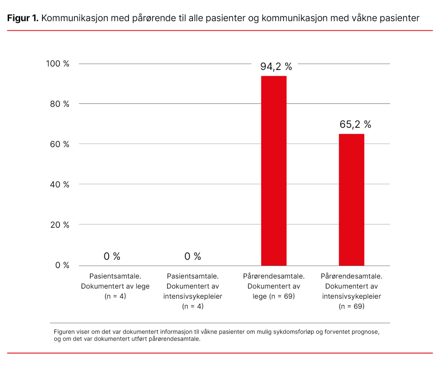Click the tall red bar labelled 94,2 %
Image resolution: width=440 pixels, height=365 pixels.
274,171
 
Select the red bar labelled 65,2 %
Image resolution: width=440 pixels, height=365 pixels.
351,199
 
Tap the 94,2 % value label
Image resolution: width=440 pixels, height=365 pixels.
276,67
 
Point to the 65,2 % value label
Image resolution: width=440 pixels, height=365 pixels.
355,125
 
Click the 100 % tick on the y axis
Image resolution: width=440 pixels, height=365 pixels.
58,64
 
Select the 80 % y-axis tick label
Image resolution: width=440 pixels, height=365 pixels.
59,104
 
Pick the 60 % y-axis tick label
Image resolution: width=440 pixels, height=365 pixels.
59,144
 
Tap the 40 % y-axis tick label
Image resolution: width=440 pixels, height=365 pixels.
59,184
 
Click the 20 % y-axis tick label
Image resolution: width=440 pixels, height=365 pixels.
59,225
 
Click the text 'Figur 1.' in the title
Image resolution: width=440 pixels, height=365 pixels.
23,18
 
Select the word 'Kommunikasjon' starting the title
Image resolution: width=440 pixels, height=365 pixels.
75,18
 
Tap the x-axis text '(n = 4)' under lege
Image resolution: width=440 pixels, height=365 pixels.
115,296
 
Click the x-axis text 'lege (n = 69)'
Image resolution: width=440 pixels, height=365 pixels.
274,296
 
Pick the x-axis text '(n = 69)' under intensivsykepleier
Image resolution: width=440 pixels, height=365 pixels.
351,307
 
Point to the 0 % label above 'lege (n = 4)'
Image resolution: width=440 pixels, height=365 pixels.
112,257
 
